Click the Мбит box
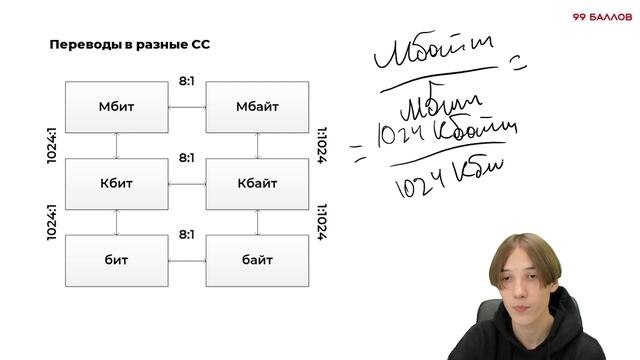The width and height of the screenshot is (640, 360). pos(116,107)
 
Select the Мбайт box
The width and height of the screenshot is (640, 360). pos(257,107)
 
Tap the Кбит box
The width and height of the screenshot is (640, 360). pos(116,184)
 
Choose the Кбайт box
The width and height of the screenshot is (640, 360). pos(257,184)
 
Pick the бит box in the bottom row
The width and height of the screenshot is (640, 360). pos(116,260)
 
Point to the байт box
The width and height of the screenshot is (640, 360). pos(257,260)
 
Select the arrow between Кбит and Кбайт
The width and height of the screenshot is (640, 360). pos(187,184)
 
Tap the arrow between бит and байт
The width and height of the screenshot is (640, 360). pos(187,260)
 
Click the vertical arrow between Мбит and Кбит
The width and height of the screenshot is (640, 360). pos(117,145)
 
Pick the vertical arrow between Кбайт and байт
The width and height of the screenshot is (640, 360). pos(258,222)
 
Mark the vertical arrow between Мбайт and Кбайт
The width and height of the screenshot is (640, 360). pos(258,145)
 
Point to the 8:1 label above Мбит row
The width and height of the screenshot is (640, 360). pos(187,78)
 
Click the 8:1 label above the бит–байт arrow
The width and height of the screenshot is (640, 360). pos(187,234)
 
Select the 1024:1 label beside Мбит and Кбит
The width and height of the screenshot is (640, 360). pos(52,144)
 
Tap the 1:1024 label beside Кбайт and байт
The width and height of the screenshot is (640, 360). pos(321,222)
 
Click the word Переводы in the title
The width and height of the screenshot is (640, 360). pos(82,45)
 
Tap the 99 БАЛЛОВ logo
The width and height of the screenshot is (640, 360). pos(600,17)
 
